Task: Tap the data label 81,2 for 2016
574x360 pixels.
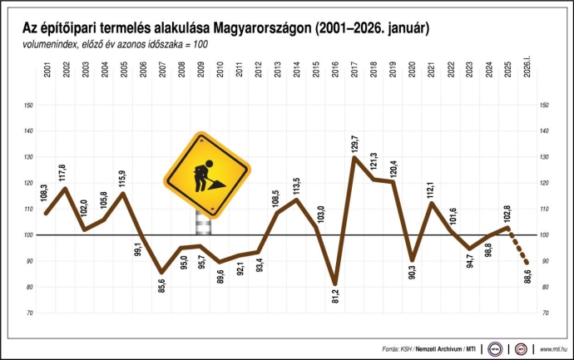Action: pos(335,298)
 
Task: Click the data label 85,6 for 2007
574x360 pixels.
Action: pos(161,288)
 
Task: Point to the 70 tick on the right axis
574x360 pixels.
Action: pos(545,313)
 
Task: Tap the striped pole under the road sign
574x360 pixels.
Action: pos(202,224)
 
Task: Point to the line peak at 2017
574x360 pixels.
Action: pos(354,157)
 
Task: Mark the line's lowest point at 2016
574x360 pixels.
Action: pos(335,284)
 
